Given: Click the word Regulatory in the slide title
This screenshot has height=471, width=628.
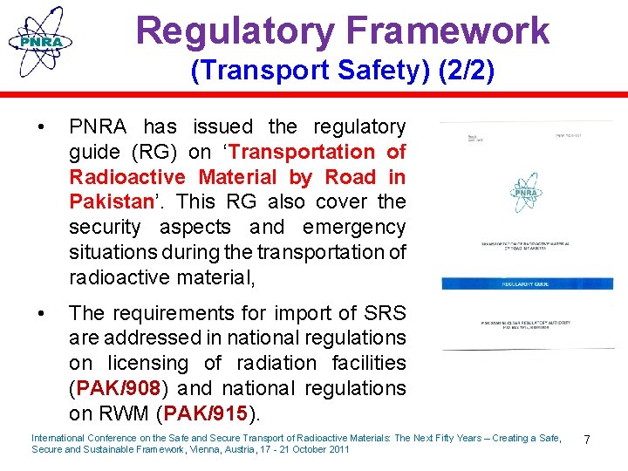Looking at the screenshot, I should [x=233, y=31].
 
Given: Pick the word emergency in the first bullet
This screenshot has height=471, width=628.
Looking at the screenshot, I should [x=354, y=228].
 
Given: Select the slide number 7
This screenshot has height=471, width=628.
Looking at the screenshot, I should [x=586, y=440].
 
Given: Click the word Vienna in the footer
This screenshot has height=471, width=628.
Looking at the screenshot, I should [x=219, y=450].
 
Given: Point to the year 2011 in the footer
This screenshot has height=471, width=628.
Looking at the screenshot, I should [x=338, y=450].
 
